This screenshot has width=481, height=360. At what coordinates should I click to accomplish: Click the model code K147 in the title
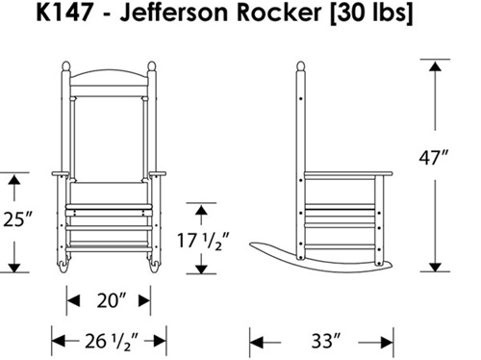click(64, 13)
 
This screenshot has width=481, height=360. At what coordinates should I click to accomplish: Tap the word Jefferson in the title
click(173, 13)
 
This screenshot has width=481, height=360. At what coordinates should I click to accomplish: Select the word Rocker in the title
click(279, 13)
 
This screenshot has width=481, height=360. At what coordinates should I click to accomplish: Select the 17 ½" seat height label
click(203, 241)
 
